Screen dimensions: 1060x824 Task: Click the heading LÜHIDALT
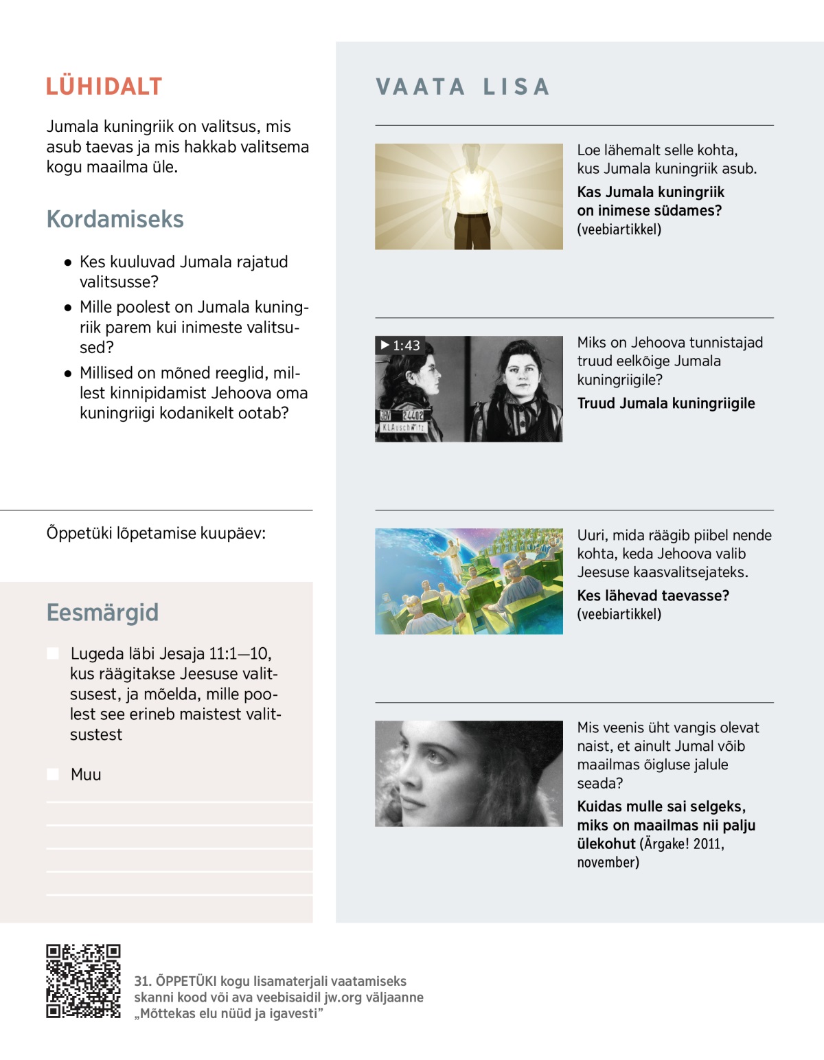tap(104, 87)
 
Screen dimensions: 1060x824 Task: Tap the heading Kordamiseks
tap(115, 219)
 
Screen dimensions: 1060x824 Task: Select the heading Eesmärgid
tap(102, 612)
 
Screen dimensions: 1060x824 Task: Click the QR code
tap(83, 980)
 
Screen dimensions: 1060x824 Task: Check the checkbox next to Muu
tap(53, 774)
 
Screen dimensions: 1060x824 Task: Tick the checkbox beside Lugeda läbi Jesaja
tap(53, 653)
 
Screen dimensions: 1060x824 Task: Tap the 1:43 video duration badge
tap(400, 346)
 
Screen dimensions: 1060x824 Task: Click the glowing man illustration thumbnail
tap(468, 196)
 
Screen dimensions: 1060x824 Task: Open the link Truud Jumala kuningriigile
tap(665, 403)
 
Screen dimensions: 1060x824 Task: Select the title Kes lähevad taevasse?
tap(652, 596)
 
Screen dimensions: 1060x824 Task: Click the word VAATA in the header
tap(420, 87)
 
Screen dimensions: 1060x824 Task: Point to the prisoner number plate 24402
tap(413, 416)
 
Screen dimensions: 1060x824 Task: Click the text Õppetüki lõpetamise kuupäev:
tap(156, 533)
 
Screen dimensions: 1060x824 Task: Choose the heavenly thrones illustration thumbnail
tap(468, 581)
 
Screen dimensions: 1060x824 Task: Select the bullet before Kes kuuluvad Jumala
tap(68, 262)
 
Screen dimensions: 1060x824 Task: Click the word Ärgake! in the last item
tap(665, 844)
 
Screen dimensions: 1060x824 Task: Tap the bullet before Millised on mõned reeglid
tap(68, 374)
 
